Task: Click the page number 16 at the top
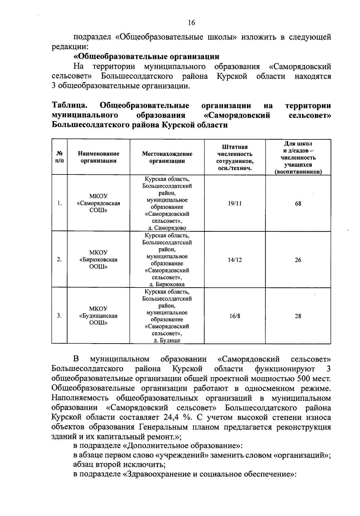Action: coord(191,23)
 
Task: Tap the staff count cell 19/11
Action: coord(235,204)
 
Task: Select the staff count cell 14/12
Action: coord(235,260)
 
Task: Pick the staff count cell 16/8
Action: coord(235,316)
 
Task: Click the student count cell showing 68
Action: coord(298,204)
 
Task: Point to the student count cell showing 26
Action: coord(298,260)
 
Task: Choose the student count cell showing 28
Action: coord(298,316)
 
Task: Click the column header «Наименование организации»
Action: coord(98,157)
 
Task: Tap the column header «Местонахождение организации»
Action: coord(167,157)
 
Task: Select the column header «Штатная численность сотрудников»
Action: coord(235,157)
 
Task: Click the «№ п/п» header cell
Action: coord(59,157)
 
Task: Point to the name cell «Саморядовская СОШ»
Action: coord(98,203)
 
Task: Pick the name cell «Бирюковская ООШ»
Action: coord(98,260)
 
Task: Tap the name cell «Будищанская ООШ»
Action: coord(98,316)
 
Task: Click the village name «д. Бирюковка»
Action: coord(167,284)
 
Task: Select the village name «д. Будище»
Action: coord(167,340)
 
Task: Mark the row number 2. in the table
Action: coord(59,260)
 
